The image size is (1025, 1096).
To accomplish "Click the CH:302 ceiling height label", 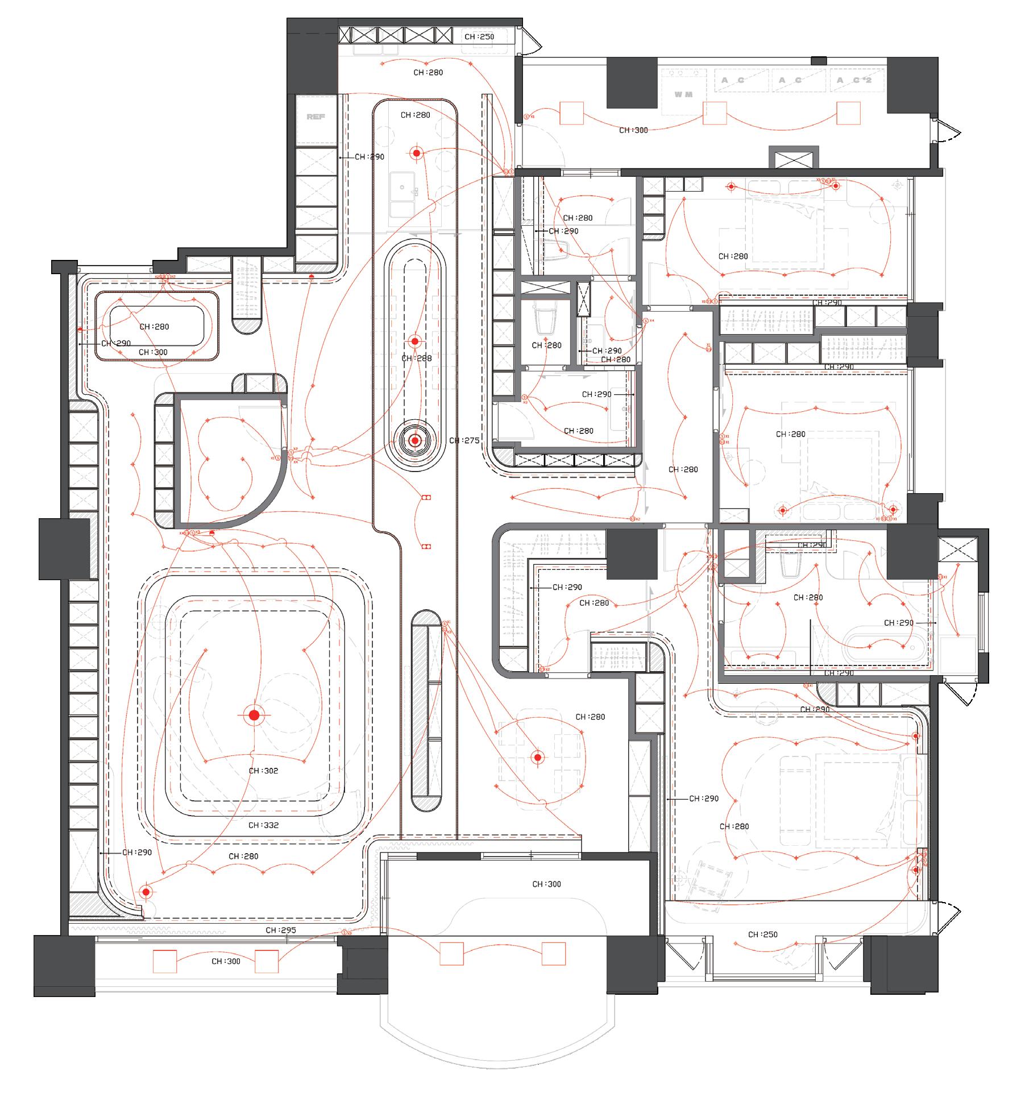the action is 263,771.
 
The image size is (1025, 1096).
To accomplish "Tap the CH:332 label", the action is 263,825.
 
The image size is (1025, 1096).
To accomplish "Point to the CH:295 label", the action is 281,930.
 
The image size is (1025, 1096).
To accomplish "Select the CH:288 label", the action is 417,358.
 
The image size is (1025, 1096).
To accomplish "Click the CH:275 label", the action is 464,440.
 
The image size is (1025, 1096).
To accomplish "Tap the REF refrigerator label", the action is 316,117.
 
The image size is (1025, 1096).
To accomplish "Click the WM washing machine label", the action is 683,94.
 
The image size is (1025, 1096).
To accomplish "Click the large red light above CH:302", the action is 254,715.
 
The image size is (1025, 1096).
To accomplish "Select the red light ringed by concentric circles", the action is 416,440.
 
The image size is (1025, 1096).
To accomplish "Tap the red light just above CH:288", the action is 415,341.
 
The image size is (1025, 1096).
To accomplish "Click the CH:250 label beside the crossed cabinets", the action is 479,36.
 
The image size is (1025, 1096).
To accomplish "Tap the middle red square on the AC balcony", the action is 715,113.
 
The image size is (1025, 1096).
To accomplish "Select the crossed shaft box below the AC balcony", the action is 794,157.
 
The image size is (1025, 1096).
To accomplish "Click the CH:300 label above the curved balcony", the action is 546,884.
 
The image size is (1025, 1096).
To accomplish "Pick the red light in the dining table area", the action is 538,757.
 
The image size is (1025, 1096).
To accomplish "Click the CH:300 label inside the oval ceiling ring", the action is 153,352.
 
